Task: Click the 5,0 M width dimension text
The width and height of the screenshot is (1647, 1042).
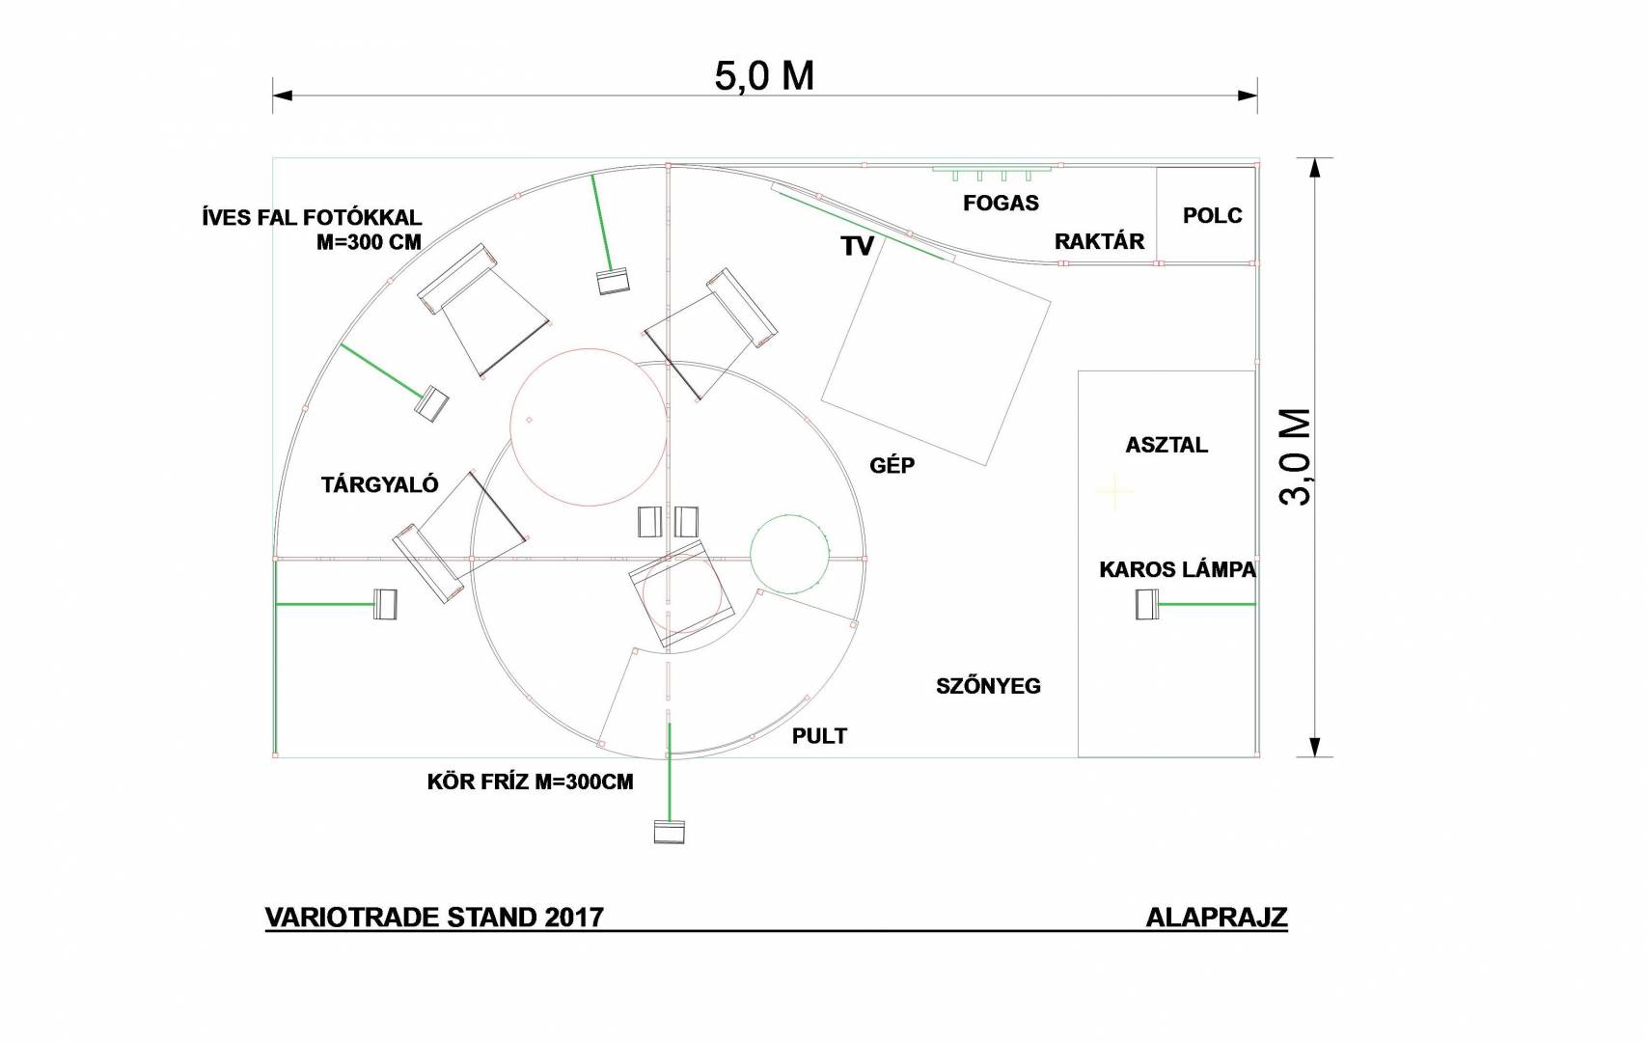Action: pyautogui.click(x=764, y=76)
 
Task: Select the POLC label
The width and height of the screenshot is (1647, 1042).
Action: pyautogui.click(x=1213, y=215)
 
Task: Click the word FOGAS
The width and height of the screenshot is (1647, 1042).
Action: pyautogui.click(x=1001, y=203)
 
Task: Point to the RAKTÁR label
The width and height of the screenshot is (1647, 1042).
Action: pyautogui.click(x=1099, y=241)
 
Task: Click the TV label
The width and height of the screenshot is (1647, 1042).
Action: pyautogui.click(x=858, y=246)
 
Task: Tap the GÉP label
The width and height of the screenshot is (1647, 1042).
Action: pyautogui.click(x=892, y=465)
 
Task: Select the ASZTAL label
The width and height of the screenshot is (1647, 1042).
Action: pyautogui.click(x=1167, y=445)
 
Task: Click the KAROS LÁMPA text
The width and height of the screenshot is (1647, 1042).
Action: pyautogui.click(x=1177, y=570)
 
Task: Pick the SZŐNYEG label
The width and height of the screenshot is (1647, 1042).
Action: pyautogui.click(x=988, y=685)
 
